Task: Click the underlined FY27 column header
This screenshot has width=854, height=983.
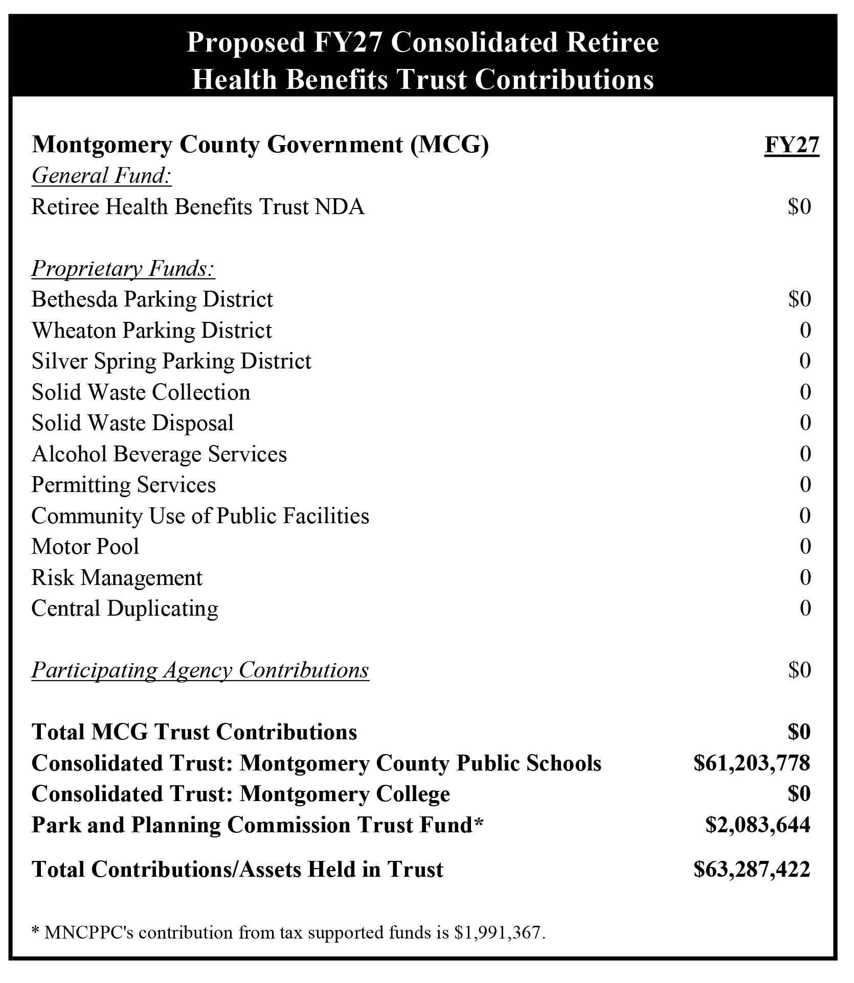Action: tap(791, 145)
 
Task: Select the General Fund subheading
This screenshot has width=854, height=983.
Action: tap(101, 176)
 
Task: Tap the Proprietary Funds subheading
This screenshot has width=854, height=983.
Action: tap(123, 269)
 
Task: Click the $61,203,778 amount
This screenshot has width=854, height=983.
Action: tap(751, 763)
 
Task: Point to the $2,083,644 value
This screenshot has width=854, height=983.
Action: tap(757, 825)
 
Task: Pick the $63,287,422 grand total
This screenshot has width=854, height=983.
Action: tap(751, 870)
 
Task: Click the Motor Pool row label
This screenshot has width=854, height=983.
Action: tap(85, 547)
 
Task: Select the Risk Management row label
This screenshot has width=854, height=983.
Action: tap(117, 578)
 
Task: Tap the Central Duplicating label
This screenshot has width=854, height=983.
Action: tap(125, 608)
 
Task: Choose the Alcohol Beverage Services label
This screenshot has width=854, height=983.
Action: tap(159, 454)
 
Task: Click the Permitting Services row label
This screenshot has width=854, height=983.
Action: tap(123, 485)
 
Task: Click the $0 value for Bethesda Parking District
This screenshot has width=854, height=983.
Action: tap(799, 299)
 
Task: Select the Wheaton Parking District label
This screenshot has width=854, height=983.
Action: tap(151, 331)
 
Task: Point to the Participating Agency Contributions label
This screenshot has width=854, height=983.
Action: tap(200, 670)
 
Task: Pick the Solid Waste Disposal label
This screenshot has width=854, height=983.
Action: tap(132, 423)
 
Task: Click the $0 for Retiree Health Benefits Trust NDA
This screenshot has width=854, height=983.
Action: tap(799, 207)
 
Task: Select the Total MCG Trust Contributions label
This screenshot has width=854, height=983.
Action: tap(194, 732)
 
